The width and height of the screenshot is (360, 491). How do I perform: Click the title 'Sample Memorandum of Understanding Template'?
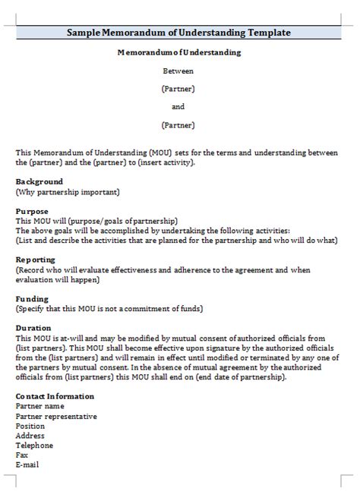click(x=178, y=33)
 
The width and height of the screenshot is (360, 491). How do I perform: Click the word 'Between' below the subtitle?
click(x=178, y=71)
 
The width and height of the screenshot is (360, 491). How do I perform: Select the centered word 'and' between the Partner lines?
click(x=178, y=106)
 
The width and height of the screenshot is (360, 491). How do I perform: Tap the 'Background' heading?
click(x=39, y=182)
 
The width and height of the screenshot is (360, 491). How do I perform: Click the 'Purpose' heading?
click(x=32, y=211)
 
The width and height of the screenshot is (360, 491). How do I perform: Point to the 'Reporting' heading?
click(x=35, y=260)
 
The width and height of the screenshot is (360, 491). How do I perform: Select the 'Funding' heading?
click(x=32, y=299)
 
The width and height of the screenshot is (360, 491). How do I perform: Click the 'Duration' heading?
click(x=33, y=328)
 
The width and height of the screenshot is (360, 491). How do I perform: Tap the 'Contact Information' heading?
click(x=55, y=396)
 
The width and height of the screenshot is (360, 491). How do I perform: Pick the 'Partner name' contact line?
click(x=40, y=406)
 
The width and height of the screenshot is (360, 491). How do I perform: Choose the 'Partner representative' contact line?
click(x=56, y=416)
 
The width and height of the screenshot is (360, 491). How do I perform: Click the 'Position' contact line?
click(x=30, y=426)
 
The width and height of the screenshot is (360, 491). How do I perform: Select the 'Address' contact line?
click(x=30, y=436)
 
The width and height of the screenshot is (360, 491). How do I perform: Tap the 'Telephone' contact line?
click(x=34, y=445)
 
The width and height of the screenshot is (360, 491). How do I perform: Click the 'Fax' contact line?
click(x=21, y=455)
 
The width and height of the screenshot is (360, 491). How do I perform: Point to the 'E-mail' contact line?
click(x=27, y=464)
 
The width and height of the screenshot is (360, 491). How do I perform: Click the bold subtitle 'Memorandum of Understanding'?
click(x=178, y=52)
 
